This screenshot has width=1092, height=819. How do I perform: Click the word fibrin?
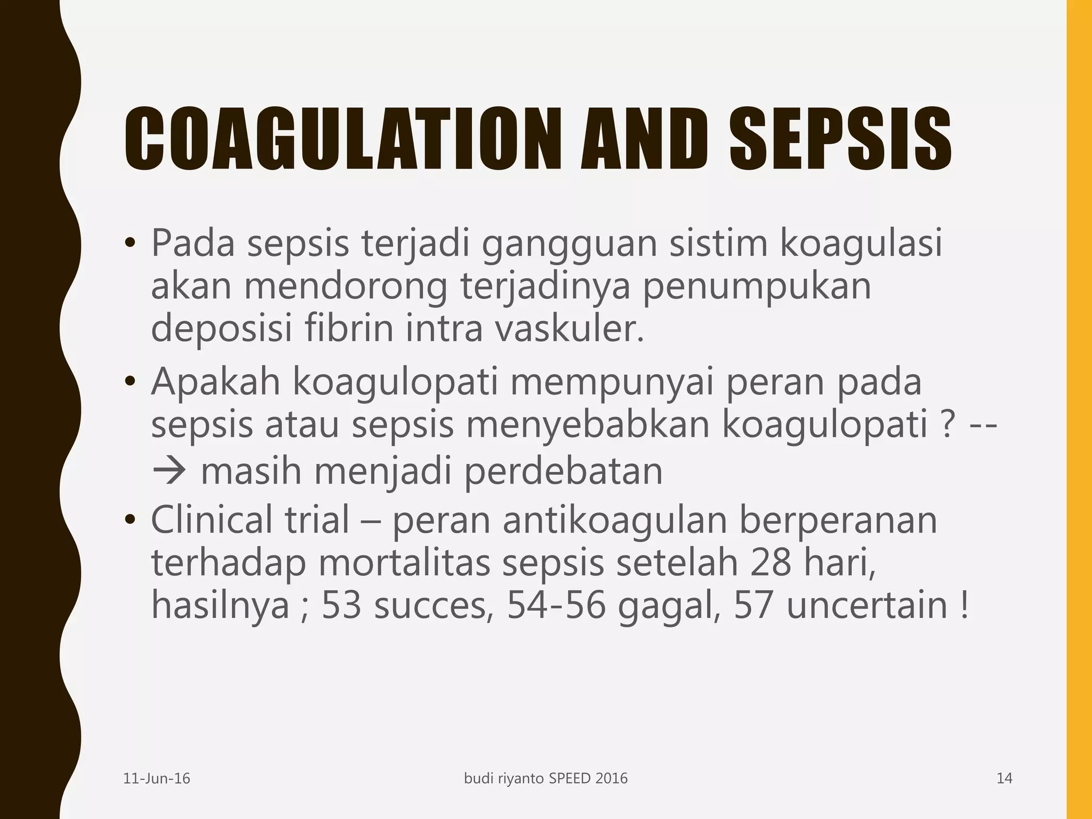pyautogui.click(x=349, y=328)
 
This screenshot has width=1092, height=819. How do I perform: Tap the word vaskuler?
pyautogui.click(x=570, y=328)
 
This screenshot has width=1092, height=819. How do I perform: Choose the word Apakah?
pyautogui.click(x=215, y=382)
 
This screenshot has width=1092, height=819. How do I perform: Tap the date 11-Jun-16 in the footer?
pyautogui.click(x=157, y=779)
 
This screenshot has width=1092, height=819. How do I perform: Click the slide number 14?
pyautogui.click(x=1005, y=779)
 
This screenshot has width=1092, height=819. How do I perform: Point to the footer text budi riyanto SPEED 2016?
pyautogui.click(x=546, y=779)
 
